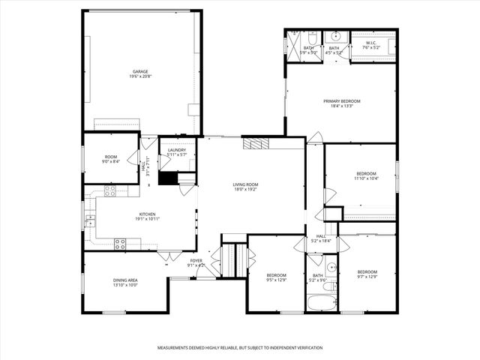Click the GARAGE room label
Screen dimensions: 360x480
click(140, 72)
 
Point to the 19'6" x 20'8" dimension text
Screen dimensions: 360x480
click(140, 77)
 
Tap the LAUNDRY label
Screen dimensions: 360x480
click(177, 150)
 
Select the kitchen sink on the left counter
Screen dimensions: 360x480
click(90, 220)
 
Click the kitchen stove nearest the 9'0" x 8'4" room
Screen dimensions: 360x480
click(110, 192)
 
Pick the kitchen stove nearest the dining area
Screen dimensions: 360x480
click(119, 242)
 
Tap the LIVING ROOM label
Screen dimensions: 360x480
click(245, 184)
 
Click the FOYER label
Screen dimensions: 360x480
click(196, 260)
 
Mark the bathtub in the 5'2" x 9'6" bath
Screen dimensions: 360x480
click(322, 304)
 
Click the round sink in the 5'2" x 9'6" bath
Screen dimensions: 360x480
click(331, 266)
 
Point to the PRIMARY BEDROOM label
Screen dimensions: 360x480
click(342, 101)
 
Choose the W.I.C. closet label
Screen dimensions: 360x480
click(370, 43)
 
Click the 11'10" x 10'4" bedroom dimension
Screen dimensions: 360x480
click(367, 178)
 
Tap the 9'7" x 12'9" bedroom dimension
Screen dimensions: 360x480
click(367, 277)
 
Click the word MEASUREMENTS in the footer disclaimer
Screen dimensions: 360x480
click(175, 348)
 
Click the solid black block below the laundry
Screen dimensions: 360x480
click(168, 178)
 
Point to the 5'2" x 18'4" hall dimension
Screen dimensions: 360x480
click(321, 241)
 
